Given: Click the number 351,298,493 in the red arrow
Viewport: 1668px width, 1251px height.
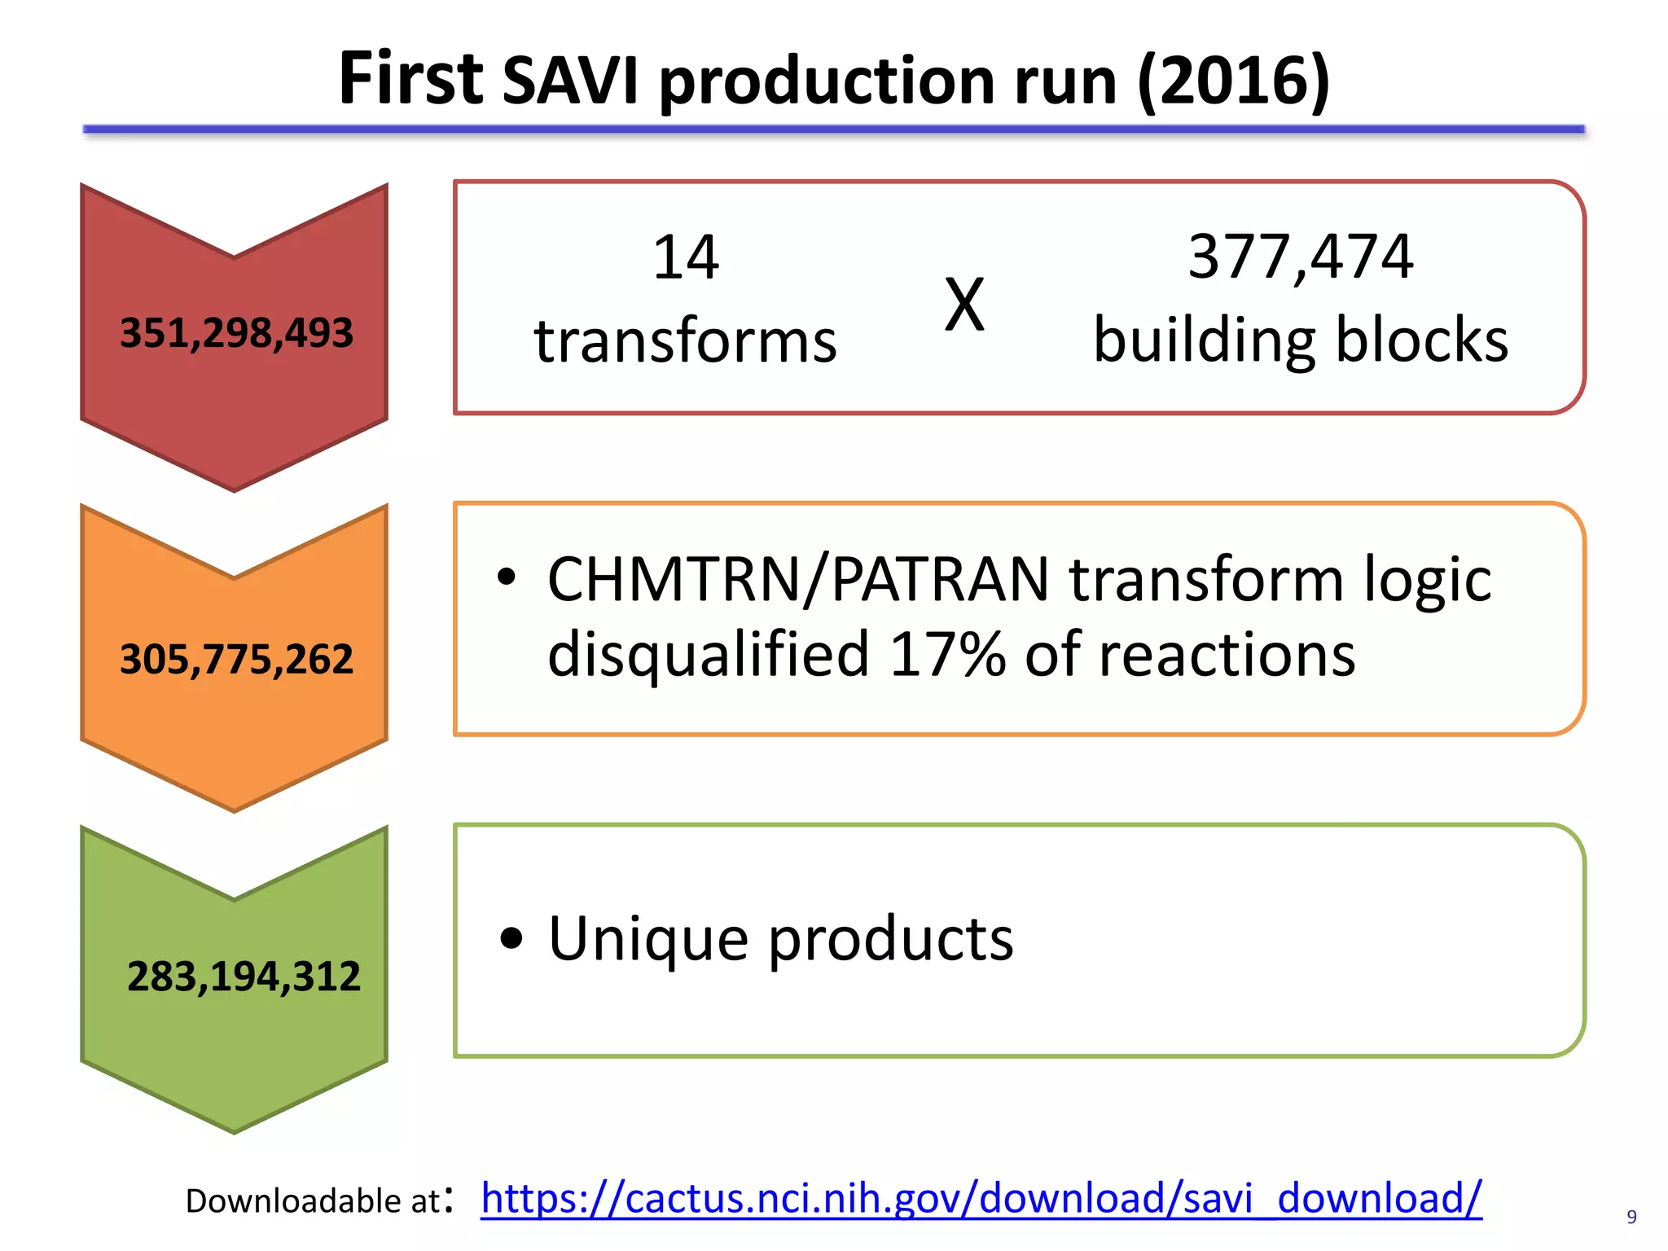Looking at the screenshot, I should [x=236, y=333].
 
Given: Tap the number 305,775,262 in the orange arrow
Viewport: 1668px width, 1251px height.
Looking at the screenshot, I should [x=236, y=659].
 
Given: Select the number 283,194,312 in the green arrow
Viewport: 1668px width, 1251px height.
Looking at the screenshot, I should [x=244, y=976].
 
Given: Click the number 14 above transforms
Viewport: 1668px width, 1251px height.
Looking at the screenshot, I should [x=686, y=257].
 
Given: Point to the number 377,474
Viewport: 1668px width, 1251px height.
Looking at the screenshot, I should [x=1301, y=257].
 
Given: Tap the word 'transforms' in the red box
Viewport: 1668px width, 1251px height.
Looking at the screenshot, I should [x=686, y=340].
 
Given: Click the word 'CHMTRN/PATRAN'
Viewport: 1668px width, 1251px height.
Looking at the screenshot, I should [x=798, y=579].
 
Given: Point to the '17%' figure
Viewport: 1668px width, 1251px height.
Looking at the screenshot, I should [x=947, y=654].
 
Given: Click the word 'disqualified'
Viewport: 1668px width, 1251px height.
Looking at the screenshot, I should [x=709, y=656].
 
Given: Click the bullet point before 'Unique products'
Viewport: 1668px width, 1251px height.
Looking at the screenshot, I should [x=511, y=938].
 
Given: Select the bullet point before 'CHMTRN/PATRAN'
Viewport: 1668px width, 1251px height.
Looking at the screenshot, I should [x=507, y=577].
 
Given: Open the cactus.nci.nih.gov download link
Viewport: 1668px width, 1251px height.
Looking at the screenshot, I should [x=981, y=1199].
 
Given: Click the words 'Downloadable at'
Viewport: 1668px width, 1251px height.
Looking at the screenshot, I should [x=313, y=1201].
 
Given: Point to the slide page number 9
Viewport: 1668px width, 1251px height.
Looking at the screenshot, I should [x=1631, y=1217].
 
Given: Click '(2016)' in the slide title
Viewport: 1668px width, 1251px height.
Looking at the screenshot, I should [x=1233, y=80].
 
